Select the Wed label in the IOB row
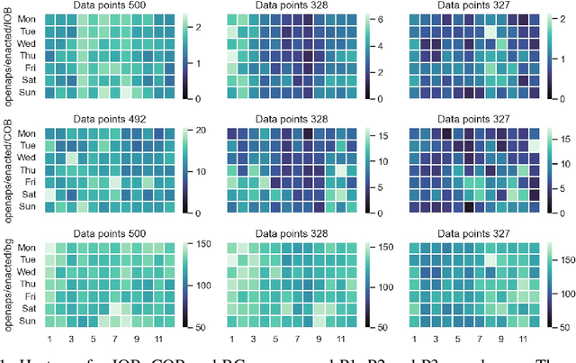point(27,41)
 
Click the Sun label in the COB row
point(27,206)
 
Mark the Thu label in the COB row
point(27,168)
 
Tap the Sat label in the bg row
point(28,308)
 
